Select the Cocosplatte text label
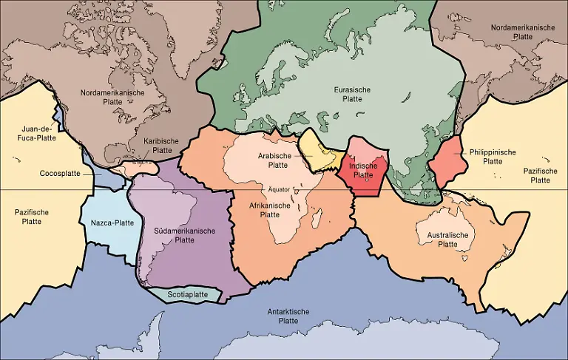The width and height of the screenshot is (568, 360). (x=61, y=174)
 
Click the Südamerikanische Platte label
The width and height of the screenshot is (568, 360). (x=184, y=235)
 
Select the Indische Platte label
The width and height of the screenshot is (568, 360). (x=362, y=171)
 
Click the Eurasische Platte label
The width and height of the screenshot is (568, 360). (x=352, y=94)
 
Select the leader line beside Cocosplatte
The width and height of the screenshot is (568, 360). (x=87, y=174)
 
